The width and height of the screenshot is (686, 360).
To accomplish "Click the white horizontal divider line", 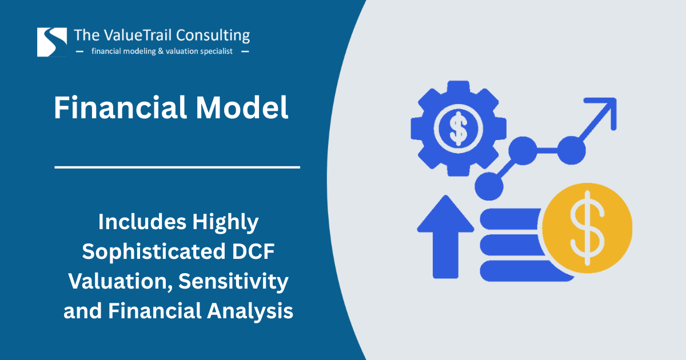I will pyautogui.click(x=177, y=167).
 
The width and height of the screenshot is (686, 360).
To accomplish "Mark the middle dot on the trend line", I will pyautogui.click(x=523, y=151).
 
